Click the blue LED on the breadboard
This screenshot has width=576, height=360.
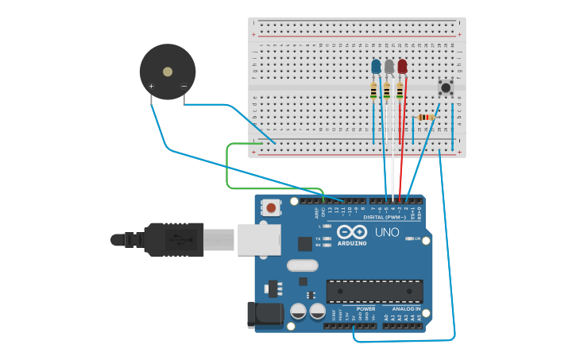[x=376, y=66]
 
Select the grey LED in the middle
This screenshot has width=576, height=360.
[x=389, y=66]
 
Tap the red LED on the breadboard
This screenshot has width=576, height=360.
[x=402, y=66]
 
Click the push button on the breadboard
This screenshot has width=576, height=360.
[x=446, y=87]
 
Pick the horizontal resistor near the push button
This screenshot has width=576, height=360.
[x=426, y=118]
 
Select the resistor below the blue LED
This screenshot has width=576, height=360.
[x=373, y=92]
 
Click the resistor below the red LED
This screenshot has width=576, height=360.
[x=400, y=92]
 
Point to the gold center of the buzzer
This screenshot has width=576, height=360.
[x=168, y=72]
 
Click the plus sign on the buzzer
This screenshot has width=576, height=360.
[x=151, y=86]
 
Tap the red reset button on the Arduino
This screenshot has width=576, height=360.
[x=272, y=208]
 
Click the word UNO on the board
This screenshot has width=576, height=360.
[x=387, y=233]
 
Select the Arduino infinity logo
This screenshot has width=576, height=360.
[x=350, y=233]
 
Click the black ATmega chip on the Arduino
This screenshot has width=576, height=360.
[x=374, y=291]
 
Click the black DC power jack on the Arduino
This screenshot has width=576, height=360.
[x=265, y=315]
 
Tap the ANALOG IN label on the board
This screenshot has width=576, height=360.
[x=405, y=308]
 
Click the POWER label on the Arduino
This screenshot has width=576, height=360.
[x=365, y=308]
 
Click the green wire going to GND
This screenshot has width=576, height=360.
[x=228, y=167]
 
